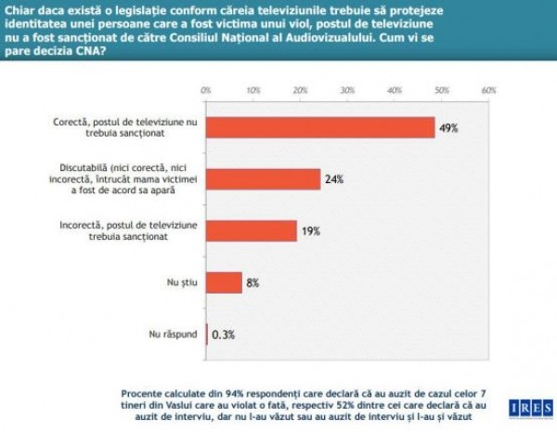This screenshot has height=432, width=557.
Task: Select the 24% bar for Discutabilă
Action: coord(263,179)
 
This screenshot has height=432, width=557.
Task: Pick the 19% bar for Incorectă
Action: coord(251,230)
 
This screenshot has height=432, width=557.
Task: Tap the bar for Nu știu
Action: coord(224,281)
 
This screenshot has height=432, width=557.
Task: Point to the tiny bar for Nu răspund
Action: coord(206,333)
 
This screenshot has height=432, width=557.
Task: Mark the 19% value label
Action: coord(310,230)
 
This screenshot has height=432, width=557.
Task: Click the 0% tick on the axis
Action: coord(206,91)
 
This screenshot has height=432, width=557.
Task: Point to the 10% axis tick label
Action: coord(253,91)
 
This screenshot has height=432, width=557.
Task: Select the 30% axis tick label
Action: coord(347,91)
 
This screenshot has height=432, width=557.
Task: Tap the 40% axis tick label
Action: coord(395,91)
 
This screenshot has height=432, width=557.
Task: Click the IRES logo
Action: coord(525,407)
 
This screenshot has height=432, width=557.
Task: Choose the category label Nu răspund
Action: coord(173,333)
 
